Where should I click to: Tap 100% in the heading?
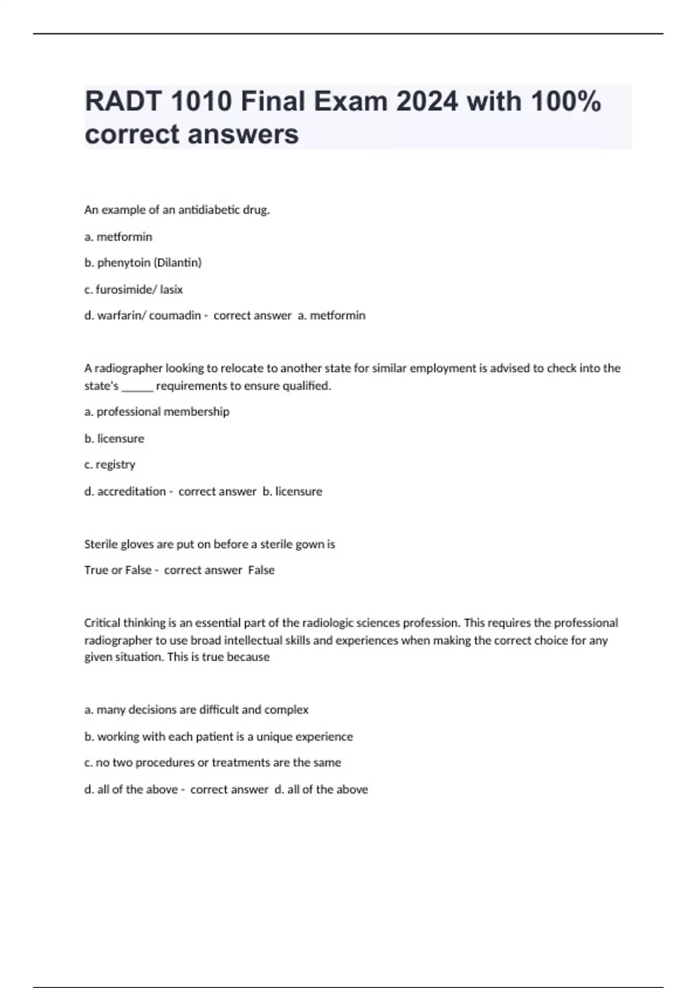click(x=566, y=102)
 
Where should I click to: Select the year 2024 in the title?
click(x=427, y=102)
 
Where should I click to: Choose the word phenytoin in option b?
click(x=124, y=263)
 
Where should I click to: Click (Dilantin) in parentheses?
click(x=177, y=263)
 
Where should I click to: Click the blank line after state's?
click(x=137, y=386)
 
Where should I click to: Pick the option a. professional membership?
click(x=157, y=411)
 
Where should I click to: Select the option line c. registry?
click(x=110, y=464)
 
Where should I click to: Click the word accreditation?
click(x=131, y=491)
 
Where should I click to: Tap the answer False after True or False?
click(x=261, y=570)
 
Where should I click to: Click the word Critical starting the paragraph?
click(x=100, y=623)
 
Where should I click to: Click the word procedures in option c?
click(x=164, y=763)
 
